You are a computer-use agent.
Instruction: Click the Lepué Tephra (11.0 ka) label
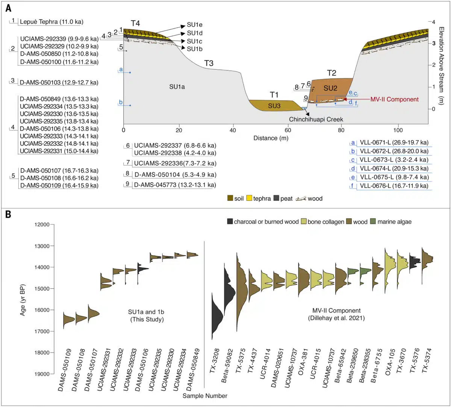tap(51, 22)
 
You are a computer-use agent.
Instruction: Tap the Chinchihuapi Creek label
tap(316, 119)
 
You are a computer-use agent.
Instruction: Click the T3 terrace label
tap(209, 63)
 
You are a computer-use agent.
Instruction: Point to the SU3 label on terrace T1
tap(274, 106)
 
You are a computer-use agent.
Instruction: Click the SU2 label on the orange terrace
tap(330, 88)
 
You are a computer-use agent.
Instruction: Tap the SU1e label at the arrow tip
tap(195, 25)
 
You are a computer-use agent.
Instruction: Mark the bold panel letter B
tap(8, 215)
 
